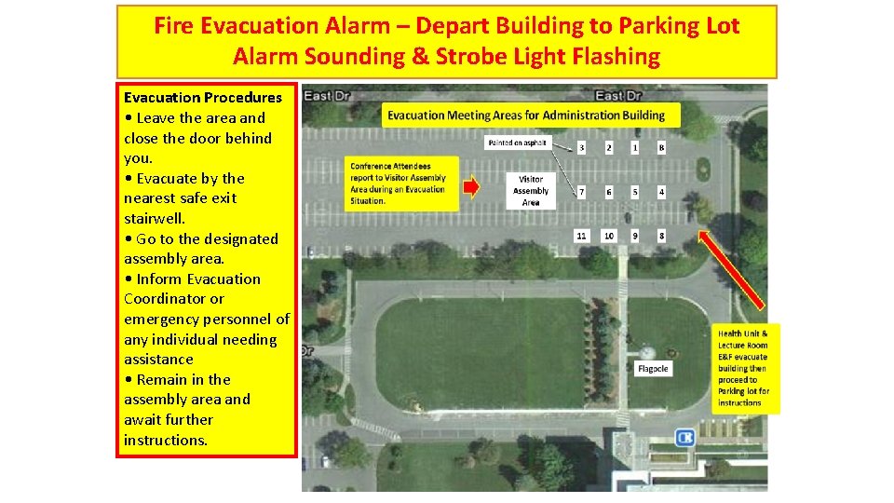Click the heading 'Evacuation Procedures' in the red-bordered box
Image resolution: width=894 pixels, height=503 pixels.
203,98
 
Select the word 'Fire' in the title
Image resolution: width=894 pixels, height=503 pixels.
177,25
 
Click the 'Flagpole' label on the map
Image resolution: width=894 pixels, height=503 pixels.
653,369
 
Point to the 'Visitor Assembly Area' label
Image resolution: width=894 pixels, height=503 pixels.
531,190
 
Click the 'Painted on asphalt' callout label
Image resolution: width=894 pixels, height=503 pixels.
519,143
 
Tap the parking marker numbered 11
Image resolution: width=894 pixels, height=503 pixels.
581,236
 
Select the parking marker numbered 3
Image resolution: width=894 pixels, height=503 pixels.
582,147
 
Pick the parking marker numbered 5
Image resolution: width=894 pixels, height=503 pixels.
635,192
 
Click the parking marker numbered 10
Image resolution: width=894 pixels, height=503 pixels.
608,236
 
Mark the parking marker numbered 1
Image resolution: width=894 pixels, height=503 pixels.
635,147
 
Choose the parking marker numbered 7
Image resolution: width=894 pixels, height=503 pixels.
582,192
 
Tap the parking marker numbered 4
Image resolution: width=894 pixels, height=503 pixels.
661,192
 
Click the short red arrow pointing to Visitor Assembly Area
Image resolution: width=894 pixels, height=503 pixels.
471,187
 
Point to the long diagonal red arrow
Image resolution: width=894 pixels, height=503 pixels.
731,270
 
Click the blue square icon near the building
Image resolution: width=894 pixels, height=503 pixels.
685,437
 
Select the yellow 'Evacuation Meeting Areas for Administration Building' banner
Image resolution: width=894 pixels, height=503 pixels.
531,115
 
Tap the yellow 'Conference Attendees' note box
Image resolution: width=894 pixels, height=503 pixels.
398,183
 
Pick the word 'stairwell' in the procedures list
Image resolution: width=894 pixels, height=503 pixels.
155,218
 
